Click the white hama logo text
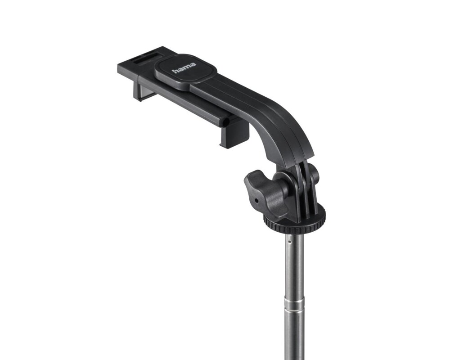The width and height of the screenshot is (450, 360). point(184,68)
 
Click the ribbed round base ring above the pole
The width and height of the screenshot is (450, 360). point(294,220)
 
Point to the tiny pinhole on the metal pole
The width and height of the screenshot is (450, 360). point(289,242)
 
